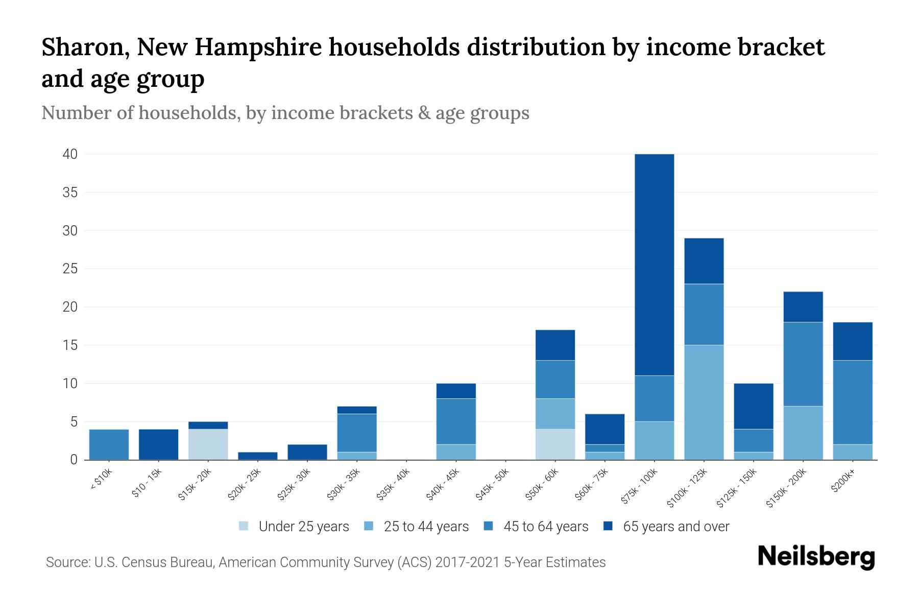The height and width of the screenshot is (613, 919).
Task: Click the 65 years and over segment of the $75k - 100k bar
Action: (654, 265)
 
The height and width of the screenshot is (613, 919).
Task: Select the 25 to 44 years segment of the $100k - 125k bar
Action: (704, 403)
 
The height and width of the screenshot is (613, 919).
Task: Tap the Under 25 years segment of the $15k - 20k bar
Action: (208, 444)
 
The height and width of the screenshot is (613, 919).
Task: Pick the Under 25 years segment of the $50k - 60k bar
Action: (555, 444)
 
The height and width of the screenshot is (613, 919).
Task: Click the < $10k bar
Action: (109, 444)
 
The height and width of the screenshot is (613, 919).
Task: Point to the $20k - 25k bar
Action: (257, 456)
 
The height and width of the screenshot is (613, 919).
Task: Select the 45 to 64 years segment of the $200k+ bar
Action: (852, 403)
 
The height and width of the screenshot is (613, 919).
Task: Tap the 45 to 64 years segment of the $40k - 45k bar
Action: (456, 421)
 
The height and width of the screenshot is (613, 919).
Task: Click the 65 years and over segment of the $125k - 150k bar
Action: (753, 406)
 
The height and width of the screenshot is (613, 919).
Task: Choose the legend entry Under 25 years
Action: (303, 527)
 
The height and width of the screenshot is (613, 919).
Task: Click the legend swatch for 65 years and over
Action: (608, 526)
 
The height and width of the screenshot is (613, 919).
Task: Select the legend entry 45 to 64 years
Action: (545, 527)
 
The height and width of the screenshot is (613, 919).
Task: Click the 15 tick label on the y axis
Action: (70, 345)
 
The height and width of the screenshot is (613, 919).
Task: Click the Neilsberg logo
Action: (816, 557)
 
